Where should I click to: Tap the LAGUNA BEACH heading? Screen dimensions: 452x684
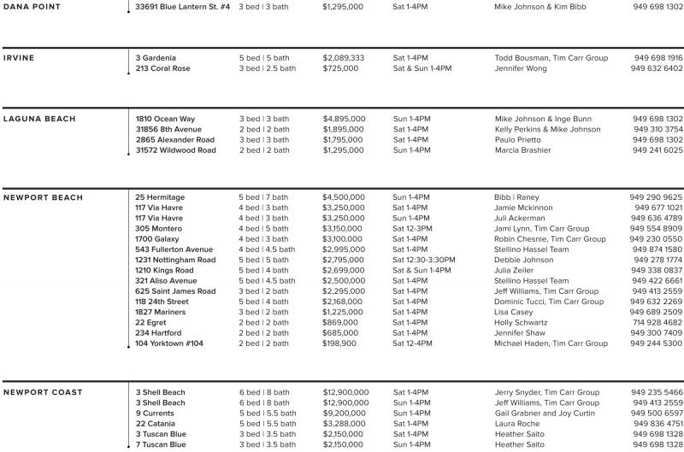[x=39, y=119]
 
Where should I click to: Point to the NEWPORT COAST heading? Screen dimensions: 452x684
[x=43, y=392]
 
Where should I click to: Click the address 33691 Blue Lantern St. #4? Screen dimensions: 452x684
[x=183, y=7]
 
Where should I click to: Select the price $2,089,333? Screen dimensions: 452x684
[x=344, y=58]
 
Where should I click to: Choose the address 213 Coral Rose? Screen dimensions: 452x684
[x=162, y=68]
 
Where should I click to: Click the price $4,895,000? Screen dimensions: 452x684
[x=344, y=119]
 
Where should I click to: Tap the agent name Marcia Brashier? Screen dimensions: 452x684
[x=523, y=150]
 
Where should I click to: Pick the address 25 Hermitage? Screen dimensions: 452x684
[x=160, y=197]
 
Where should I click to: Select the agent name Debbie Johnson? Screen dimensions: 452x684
[x=524, y=260]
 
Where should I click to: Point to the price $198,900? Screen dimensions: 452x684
[x=339, y=343]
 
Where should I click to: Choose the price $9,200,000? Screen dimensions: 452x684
[x=345, y=413]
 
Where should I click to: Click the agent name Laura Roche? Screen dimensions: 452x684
[x=517, y=423]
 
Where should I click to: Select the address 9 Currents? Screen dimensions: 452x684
[x=155, y=413]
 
